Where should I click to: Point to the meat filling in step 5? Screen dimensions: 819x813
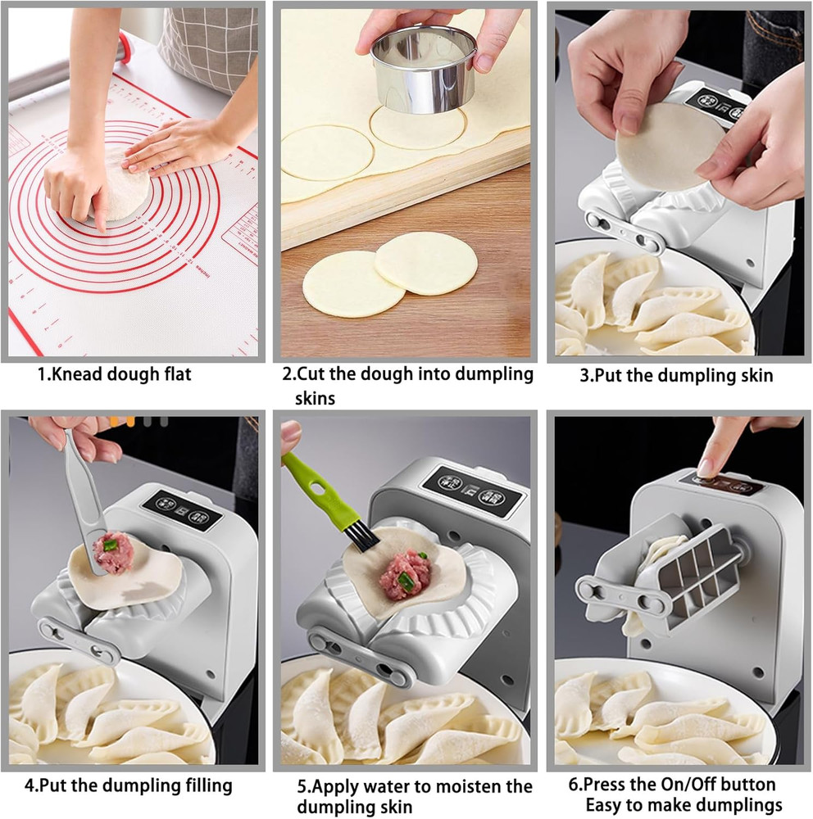tap(403, 573)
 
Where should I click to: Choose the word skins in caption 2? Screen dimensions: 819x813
tap(316, 398)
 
